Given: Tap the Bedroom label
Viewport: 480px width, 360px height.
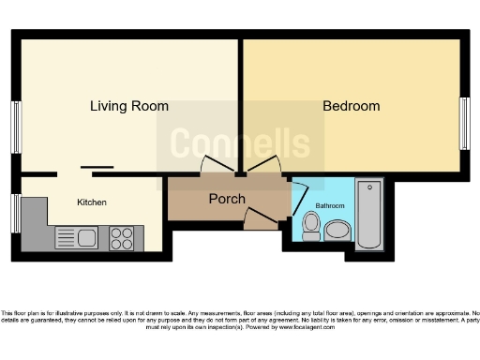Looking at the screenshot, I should [x=352, y=106].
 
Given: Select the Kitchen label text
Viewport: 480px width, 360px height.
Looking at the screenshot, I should [x=92, y=202].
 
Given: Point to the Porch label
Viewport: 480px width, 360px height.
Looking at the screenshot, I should [x=227, y=199].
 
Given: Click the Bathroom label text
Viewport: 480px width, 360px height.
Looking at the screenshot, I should [x=329, y=205].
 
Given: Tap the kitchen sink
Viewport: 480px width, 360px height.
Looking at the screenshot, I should [x=77, y=237].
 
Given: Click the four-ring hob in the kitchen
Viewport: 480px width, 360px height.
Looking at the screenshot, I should [x=122, y=238].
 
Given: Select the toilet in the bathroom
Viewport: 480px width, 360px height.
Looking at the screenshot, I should [x=311, y=225].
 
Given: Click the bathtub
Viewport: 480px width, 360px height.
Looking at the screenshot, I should [x=369, y=215].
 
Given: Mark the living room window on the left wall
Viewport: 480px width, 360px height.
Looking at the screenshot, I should [x=16, y=127].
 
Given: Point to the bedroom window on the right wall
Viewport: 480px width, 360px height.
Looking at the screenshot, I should [x=464, y=123].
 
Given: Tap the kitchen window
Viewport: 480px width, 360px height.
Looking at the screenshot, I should [x=16, y=213].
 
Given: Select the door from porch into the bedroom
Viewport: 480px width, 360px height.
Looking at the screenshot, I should [x=264, y=165].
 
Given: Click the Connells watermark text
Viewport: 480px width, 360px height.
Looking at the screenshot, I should [x=239, y=142].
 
